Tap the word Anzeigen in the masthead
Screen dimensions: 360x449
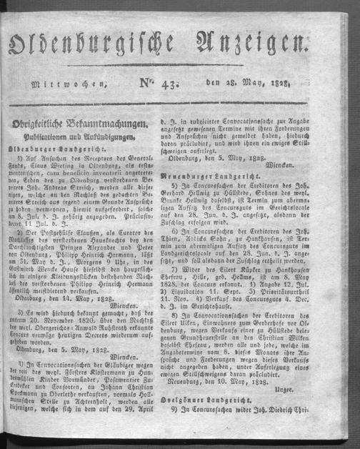click(266, 53)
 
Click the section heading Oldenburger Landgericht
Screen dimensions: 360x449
click(66, 149)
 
